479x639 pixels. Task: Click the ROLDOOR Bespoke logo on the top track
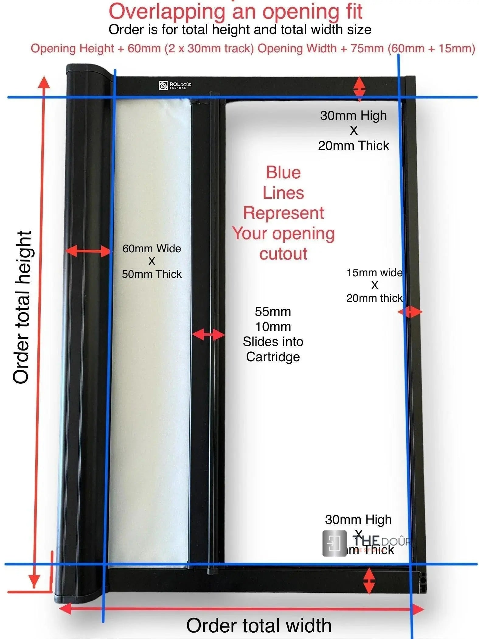tap(175, 85)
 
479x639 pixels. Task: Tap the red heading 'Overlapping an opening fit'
tap(235, 12)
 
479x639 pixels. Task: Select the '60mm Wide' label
tap(151, 249)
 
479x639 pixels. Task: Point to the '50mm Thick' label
tap(151, 274)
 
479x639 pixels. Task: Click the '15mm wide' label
tap(374, 273)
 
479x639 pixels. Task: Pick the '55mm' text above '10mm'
tap(273, 312)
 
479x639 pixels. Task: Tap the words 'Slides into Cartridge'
tap(273, 349)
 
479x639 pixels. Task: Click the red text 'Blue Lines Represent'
tap(283, 193)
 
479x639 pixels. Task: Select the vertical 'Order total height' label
tap(22, 307)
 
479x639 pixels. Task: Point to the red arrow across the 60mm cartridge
tap(88, 251)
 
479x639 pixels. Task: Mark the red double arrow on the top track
tap(359, 89)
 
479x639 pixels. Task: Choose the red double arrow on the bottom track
tap(369, 581)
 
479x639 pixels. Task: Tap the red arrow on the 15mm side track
tap(410, 312)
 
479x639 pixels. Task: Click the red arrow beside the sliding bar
tap(208, 335)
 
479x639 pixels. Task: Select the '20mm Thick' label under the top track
tap(353, 146)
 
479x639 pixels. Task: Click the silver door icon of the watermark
tap(334, 543)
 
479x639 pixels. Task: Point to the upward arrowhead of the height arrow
tap(44, 82)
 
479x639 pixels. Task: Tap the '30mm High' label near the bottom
tap(358, 520)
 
